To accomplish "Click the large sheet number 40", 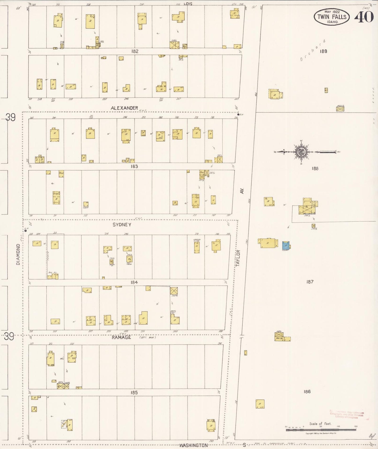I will [x=364, y=17].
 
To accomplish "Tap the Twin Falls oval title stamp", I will [x=332, y=17].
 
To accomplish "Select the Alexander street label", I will [x=124, y=108].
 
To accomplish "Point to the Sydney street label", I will [x=122, y=224].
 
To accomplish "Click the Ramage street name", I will [x=121, y=337].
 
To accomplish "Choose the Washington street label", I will [x=194, y=445].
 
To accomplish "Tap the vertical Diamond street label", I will [x=18, y=254].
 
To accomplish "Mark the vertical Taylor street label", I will [x=238, y=258].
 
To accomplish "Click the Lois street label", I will [x=188, y=4].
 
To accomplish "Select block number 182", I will [x=135, y=51].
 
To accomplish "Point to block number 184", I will [x=134, y=282].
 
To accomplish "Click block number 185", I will [x=134, y=392].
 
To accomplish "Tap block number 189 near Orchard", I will [x=323, y=51].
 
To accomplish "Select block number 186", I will [x=307, y=391].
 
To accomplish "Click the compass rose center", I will [x=301, y=152].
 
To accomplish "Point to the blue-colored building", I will [x=286, y=245].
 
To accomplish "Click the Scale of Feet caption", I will [x=320, y=424].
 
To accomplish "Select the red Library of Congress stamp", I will [x=347, y=415].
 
